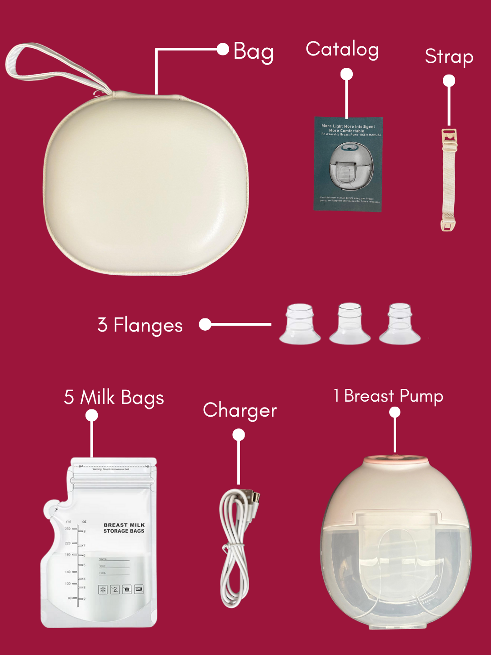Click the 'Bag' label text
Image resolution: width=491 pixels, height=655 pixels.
(253, 52)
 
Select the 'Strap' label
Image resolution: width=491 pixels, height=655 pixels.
(449, 57)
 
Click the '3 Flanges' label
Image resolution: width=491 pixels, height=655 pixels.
(140, 325)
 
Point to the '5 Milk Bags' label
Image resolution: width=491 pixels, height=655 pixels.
(114, 398)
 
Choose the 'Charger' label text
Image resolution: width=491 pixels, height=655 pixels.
(240, 411)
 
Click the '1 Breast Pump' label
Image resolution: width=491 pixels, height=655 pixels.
(388, 396)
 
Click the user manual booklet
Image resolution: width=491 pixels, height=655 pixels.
(348, 164)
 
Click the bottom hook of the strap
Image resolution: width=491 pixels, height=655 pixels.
(448, 225)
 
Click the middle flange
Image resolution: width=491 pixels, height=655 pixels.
(350, 324)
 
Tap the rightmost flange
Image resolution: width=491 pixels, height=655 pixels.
(400, 324)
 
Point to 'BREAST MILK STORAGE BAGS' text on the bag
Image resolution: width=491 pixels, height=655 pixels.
(124, 528)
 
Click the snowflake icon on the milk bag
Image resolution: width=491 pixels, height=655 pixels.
(103, 589)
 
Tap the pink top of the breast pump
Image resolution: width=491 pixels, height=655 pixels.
(395, 460)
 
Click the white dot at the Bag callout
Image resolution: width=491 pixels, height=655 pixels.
(223, 49)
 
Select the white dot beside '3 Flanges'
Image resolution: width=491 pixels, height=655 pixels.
(205, 324)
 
